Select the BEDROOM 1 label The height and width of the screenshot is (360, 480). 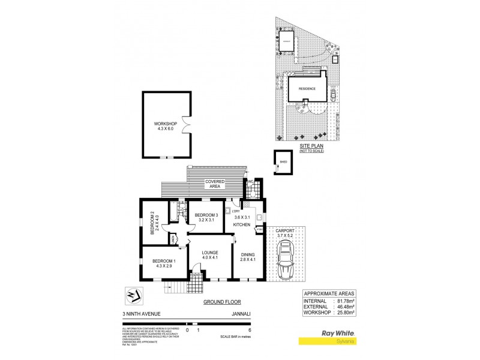pos(164,261)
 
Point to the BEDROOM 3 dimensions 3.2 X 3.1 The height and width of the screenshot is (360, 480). pos(205,220)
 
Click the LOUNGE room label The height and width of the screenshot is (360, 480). pos(209,253)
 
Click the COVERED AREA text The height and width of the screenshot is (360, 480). pos(215,183)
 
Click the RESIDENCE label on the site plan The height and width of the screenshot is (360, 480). pos(308,88)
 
